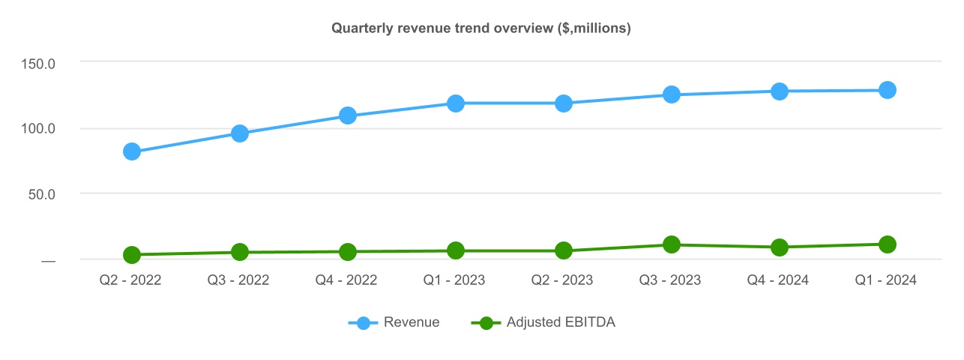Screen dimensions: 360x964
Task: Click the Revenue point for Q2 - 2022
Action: [x=132, y=151]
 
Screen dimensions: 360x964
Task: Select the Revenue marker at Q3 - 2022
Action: [x=240, y=133]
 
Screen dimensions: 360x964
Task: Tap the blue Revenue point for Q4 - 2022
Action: [x=348, y=115]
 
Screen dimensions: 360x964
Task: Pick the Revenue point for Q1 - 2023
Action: [x=456, y=103]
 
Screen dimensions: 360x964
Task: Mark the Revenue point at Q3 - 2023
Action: [x=672, y=94]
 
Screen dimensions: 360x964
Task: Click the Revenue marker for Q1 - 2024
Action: [x=888, y=90]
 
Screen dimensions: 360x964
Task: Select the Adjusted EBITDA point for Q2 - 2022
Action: [x=132, y=255]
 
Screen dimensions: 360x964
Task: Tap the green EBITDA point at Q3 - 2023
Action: [x=672, y=244]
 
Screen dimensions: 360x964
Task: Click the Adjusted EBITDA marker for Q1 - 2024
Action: [x=888, y=244]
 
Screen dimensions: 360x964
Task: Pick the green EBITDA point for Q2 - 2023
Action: [x=564, y=250]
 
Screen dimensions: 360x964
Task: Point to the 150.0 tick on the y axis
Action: [x=37, y=62]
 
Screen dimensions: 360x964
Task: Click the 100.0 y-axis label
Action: [x=37, y=128]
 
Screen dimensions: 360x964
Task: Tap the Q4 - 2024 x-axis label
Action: [x=780, y=280]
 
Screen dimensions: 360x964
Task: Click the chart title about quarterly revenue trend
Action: [x=481, y=28]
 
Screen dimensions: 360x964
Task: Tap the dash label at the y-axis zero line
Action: [x=48, y=260]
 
